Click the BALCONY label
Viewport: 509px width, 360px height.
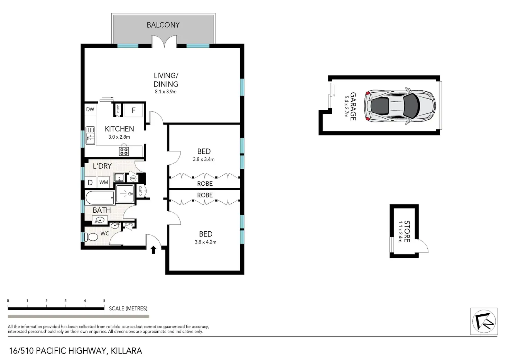click(x=163, y=25)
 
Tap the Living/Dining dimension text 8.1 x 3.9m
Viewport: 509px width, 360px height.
click(x=166, y=92)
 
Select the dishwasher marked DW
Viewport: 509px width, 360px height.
click(x=90, y=109)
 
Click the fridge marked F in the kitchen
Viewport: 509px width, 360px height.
click(x=133, y=110)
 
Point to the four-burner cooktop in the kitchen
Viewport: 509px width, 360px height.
click(x=124, y=151)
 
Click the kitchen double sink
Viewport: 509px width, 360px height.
click(x=90, y=136)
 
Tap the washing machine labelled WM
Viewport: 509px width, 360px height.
click(x=104, y=182)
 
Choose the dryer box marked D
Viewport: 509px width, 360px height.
click(x=90, y=182)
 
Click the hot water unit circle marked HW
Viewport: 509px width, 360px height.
click(x=133, y=178)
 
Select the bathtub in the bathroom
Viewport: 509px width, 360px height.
click(x=100, y=198)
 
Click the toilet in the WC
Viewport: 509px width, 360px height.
click(x=91, y=237)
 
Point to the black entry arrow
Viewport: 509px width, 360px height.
click(x=154, y=250)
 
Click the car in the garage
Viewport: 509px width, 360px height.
click(x=400, y=106)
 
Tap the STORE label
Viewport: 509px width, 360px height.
click(x=407, y=231)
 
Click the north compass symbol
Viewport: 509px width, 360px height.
click(x=484, y=321)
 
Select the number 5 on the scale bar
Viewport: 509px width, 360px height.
click(x=104, y=301)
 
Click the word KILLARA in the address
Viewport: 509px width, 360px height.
click(x=126, y=351)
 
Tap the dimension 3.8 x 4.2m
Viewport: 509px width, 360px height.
click(x=205, y=242)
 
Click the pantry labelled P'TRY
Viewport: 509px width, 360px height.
click(x=118, y=110)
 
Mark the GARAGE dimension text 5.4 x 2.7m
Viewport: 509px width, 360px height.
click(x=346, y=107)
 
